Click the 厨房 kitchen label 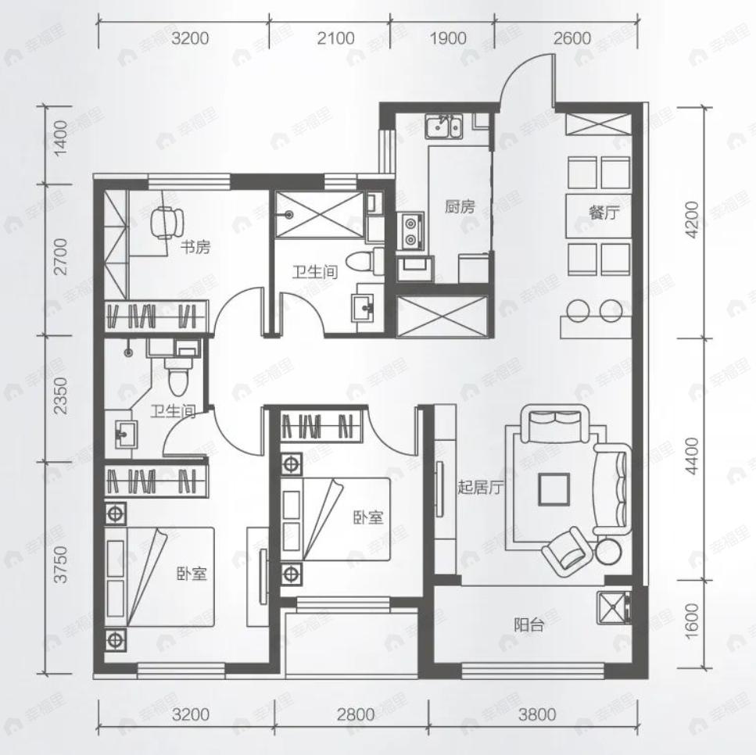460,207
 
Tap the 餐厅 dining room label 604,212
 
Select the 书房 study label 195,248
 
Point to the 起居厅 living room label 480,488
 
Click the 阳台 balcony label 529,625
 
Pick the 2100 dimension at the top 335,38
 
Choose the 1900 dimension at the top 448,38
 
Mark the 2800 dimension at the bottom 356,714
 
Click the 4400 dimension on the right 692,456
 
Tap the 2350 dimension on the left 61,395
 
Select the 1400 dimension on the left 61,138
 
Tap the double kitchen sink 443,127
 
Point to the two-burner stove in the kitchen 410,231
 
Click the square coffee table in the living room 554,488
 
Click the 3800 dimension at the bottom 536,714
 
